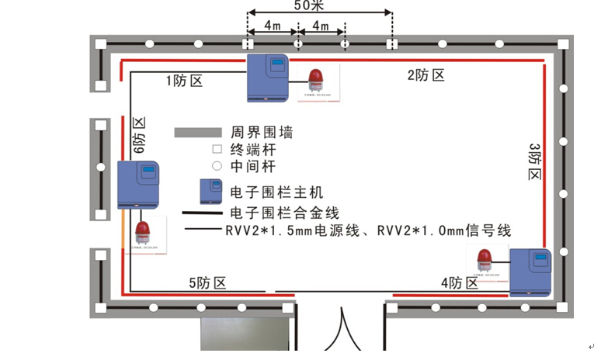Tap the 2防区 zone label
[x=426, y=75]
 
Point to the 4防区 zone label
[x=460, y=283]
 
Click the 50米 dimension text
[x=320, y=6]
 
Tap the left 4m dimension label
[x=272, y=26]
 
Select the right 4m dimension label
[x=321, y=26]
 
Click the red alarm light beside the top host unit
[x=315, y=82]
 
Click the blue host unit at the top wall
[x=268, y=78]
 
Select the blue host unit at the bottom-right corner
[x=530, y=272]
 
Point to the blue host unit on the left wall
[x=138, y=185]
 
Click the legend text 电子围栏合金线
[x=285, y=212]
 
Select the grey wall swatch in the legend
[x=199, y=133]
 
